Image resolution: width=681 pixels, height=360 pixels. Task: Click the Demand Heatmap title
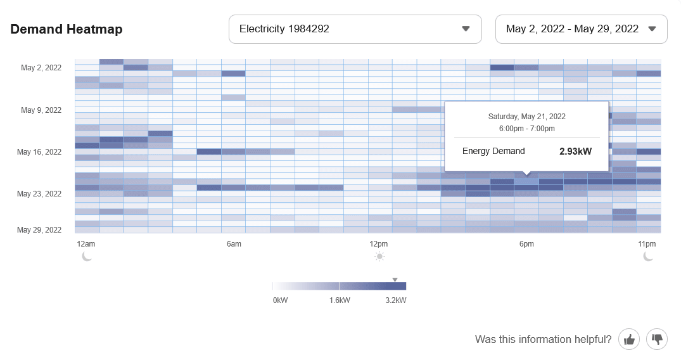point(67,29)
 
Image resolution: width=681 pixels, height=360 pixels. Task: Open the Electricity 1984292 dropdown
point(355,29)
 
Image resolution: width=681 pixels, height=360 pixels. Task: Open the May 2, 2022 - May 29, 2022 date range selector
point(581,29)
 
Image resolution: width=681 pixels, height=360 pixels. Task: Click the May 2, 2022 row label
point(41,68)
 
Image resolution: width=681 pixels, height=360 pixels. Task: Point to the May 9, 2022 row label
point(41,110)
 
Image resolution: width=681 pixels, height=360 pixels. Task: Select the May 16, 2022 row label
point(39,152)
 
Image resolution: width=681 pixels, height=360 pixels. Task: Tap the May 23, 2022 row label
point(39,194)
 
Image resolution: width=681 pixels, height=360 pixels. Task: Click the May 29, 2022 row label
point(39,230)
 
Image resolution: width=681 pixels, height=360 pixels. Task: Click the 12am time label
point(86,244)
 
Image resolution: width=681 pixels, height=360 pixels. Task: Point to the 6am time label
point(233,244)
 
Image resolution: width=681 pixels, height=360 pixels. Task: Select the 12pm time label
point(379,244)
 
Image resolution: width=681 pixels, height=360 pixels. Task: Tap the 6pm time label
point(526,244)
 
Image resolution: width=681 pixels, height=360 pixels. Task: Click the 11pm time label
point(647,244)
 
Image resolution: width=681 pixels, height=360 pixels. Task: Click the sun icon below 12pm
point(379,257)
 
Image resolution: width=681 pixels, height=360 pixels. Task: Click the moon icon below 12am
point(87,256)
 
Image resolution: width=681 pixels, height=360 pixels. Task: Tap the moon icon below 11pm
point(648,256)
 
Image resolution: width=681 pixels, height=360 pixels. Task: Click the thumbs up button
point(629,340)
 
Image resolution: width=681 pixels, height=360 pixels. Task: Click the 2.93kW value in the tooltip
point(575,151)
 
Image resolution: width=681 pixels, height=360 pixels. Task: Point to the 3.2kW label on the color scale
point(395,300)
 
